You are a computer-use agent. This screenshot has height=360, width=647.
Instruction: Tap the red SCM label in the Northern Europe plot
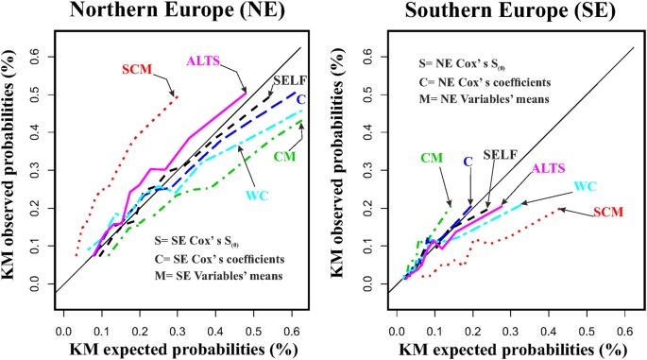click(139, 70)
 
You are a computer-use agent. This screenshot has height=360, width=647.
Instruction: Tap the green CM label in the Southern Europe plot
click(432, 157)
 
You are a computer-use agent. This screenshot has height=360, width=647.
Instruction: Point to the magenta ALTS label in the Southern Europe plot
click(551, 168)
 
